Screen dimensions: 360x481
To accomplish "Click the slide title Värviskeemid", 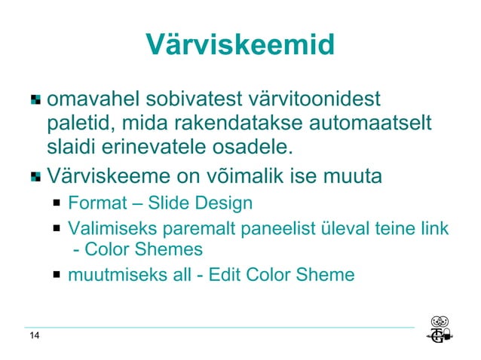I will coord(240,44).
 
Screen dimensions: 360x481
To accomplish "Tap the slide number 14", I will coord(35,336).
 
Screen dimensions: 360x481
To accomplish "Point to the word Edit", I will coord(221,275).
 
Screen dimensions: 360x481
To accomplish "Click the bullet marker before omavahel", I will coord(35,100).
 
